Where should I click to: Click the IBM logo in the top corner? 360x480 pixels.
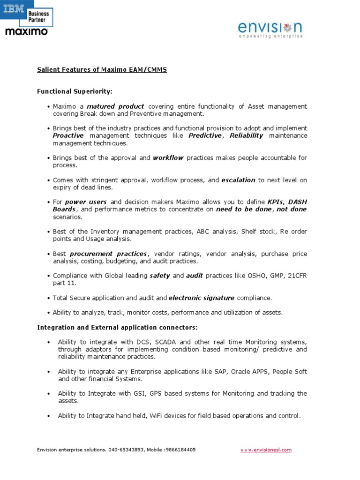[14, 8]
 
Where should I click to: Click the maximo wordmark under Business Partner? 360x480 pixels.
[26, 31]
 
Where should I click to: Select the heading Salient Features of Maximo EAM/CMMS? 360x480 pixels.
[102, 69]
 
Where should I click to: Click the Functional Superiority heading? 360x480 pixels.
[75, 91]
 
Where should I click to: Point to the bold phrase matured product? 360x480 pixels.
[115, 106]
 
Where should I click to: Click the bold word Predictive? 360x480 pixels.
[204, 135]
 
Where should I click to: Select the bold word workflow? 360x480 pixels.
[168, 158]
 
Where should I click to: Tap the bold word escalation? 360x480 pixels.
[238, 180]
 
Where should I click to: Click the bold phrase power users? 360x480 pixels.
[89, 202]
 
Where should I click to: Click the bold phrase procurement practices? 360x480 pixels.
[108, 254]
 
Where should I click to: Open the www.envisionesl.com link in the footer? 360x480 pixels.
[266, 450]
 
